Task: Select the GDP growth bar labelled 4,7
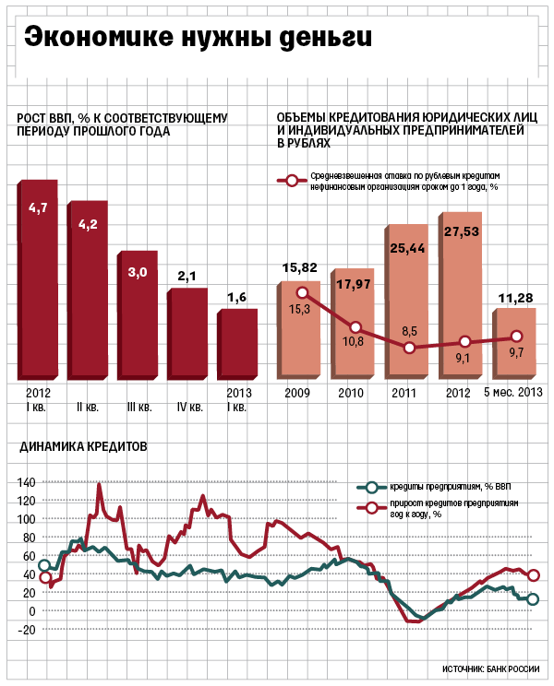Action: coord(38,279)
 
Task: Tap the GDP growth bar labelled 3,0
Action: coord(137,315)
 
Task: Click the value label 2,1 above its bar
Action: coord(187,277)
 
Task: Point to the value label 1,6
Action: coord(236,298)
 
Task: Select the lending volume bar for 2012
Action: coord(460,295)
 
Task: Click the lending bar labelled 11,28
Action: coord(514,343)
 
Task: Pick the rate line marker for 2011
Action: coord(409,348)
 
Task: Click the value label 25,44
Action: coord(407,249)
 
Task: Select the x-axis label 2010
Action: coord(351,393)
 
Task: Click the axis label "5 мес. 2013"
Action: coord(512,392)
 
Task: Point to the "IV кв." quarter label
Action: coord(190,408)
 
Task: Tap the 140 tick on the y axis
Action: coord(26,482)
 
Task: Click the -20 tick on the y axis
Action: coord(26,630)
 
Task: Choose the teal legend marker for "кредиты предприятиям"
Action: coord(371,487)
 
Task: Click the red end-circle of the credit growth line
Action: coord(533,575)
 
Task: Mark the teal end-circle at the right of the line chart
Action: coord(533,599)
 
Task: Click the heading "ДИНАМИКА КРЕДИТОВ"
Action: coord(83,446)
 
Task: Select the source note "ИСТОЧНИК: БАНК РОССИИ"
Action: coord(490,668)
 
